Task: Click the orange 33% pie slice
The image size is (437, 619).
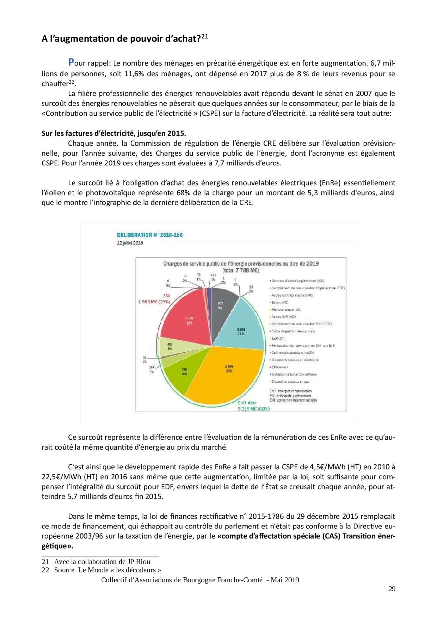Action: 226,372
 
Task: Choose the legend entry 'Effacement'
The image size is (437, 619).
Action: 280,367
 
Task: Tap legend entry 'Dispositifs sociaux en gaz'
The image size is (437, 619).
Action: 290,382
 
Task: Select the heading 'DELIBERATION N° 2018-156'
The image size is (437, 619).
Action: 150,235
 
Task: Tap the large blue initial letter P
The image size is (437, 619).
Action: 71,62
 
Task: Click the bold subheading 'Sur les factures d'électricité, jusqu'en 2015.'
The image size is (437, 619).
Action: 113,133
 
